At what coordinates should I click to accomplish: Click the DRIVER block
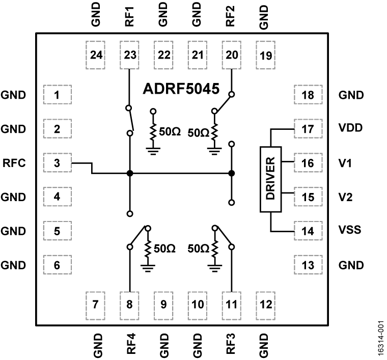point(271,179)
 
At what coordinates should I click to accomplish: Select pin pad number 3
point(57,163)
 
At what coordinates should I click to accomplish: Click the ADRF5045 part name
point(181,90)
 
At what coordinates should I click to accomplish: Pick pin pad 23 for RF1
point(129,55)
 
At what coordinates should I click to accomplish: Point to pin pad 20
point(232,55)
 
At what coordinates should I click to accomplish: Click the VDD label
point(350,129)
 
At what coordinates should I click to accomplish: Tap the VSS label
point(350,231)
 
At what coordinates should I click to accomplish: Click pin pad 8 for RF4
point(129,304)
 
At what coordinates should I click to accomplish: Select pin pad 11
point(232,304)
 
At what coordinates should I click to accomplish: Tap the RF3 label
point(232,344)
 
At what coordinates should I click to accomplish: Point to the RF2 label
point(232,16)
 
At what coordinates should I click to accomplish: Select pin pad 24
point(96,55)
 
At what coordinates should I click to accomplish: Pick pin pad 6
point(57,265)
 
